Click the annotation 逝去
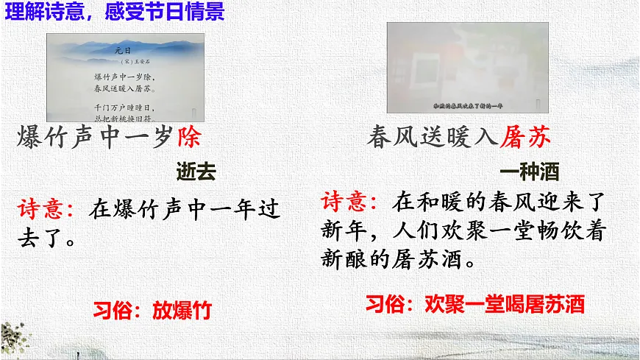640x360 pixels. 196,172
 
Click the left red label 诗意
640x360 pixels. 46,209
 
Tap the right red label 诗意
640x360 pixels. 350,201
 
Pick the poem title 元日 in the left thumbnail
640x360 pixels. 123,51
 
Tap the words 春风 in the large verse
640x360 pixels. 394,138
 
